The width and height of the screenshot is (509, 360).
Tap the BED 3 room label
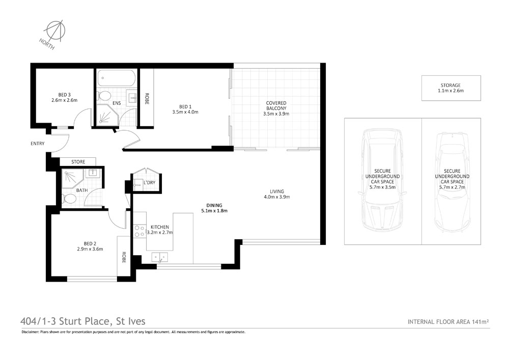click(x=64, y=95)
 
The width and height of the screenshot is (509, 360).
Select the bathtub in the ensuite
click(x=117, y=78)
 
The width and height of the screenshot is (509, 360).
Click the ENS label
click(x=117, y=103)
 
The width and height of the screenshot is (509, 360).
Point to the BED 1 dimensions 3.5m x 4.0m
click(x=185, y=111)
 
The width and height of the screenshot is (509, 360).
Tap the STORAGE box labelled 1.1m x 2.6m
click(x=450, y=88)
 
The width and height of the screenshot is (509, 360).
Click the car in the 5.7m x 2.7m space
click(x=450, y=181)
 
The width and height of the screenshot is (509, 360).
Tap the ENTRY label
click(x=38, y=144)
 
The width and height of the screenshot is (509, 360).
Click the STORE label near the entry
click(x=78, y=162)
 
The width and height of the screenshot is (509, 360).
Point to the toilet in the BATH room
click(x=69, y=198)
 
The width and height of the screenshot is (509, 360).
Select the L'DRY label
click(x=149, y=182)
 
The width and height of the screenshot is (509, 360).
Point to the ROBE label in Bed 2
click(x=124, y=257)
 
